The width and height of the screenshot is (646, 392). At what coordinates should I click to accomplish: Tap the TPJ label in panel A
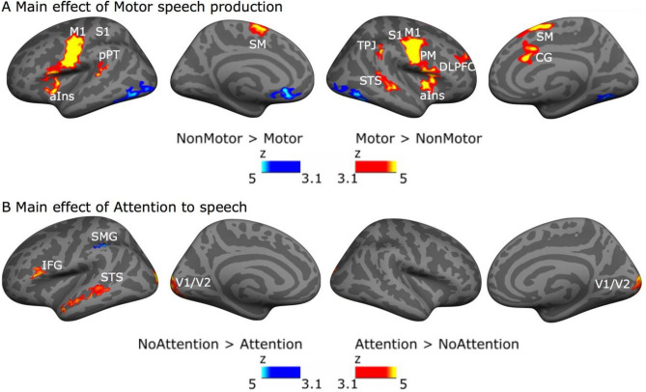366,46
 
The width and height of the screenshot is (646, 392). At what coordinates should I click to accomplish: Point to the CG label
544,58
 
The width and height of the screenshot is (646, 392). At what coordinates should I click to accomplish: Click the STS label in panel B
112,278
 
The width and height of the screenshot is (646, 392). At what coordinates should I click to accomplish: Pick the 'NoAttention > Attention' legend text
218,344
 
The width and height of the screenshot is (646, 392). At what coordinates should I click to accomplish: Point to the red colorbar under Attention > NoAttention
377,371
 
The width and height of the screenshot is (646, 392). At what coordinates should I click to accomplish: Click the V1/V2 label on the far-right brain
610,284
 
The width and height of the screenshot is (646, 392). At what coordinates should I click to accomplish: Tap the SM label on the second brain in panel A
259,44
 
